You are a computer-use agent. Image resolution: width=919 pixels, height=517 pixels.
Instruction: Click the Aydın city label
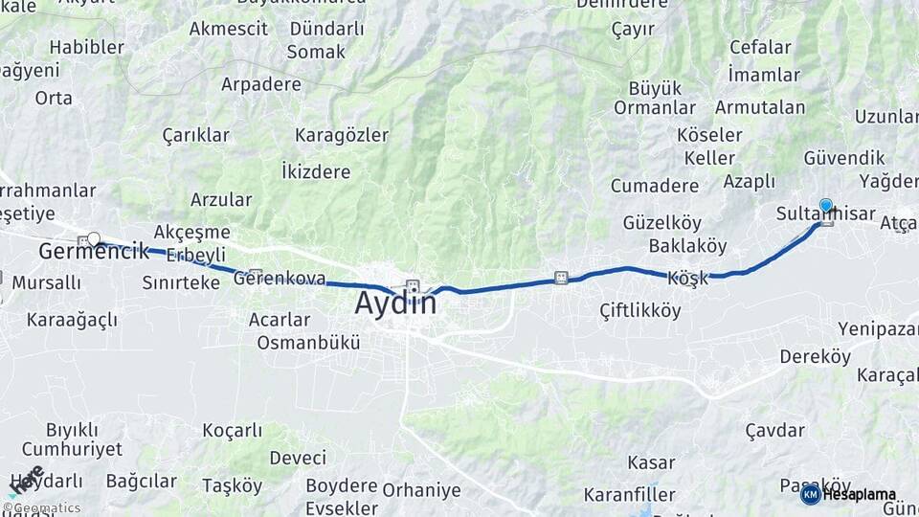pos(395,303)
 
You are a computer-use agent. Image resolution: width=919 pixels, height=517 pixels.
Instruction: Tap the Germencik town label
pos(94,252)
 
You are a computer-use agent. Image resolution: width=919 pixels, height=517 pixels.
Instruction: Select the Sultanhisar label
pos(825,214)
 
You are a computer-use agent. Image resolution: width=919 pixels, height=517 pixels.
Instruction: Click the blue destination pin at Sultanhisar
pos(826,205)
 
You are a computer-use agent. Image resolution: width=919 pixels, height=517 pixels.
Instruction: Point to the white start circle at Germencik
pos(93,238)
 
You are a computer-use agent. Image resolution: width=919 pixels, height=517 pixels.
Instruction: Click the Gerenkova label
pos(280,280)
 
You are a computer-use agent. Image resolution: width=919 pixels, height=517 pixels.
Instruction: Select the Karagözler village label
pos(342,134)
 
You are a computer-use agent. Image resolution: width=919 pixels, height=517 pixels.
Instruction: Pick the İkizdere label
pos(316,172)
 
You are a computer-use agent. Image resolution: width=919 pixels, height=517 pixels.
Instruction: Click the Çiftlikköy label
pos(640,310)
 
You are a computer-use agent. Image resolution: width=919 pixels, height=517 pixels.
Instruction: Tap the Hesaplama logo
pos(849,494)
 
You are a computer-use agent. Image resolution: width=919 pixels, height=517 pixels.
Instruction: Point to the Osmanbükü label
pos(308,342)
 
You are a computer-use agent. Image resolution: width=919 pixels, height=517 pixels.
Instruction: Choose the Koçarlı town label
pos(233,430)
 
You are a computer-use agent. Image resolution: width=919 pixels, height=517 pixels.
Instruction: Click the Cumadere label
pos(655,185)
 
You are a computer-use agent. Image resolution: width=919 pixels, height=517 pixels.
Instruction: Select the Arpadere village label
pos(261,84)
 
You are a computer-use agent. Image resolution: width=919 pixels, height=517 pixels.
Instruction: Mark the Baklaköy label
pos(687,246)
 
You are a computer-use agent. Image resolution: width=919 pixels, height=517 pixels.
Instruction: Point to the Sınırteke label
pos(181,282)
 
